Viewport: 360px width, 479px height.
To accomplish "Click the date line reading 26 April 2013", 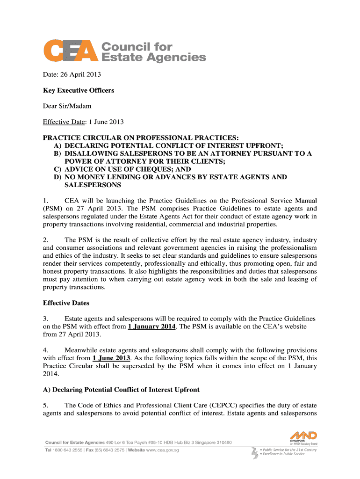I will tap(72, 74).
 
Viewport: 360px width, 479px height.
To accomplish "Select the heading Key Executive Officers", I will tap(79, 90).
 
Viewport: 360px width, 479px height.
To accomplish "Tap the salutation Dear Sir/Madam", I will tap(67, 106).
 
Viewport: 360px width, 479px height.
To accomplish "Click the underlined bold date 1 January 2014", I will tap(152, 327).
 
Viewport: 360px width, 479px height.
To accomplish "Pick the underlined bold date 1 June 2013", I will tap(111, 358).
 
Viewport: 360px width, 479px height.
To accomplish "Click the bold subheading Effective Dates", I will tap(66, 303).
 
